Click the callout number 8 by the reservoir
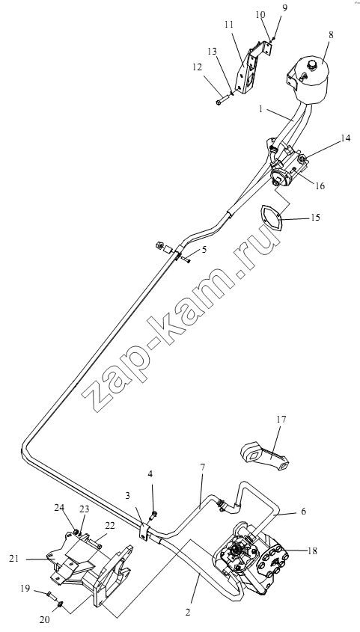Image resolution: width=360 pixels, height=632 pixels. click(x=331, y=34)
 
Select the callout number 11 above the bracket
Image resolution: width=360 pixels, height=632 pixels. click(x=229, y=25)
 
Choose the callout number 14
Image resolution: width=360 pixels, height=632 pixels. click(x=345, y=138)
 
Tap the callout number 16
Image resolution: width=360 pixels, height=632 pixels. click(x=320, y=185)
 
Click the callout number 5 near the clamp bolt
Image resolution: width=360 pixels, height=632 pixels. click(x=204, y=250)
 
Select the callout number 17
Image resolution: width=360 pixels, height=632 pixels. click(x=281, y=419)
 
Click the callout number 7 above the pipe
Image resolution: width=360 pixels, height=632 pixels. click(x=203, y=467)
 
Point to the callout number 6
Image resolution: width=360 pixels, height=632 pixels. click(x=303, y=512)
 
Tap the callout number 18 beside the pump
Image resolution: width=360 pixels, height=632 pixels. click(x=312, y=550)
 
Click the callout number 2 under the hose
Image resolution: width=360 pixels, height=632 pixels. click(x=187, y=612)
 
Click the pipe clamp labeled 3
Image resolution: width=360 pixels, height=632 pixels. click(x=144, y=532)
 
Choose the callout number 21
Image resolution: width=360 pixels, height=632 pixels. click(x=13, y=558)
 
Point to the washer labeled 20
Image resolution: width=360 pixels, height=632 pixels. click(x=60, y=604)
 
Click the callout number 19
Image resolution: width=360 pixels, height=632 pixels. click(x=25, y=589)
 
